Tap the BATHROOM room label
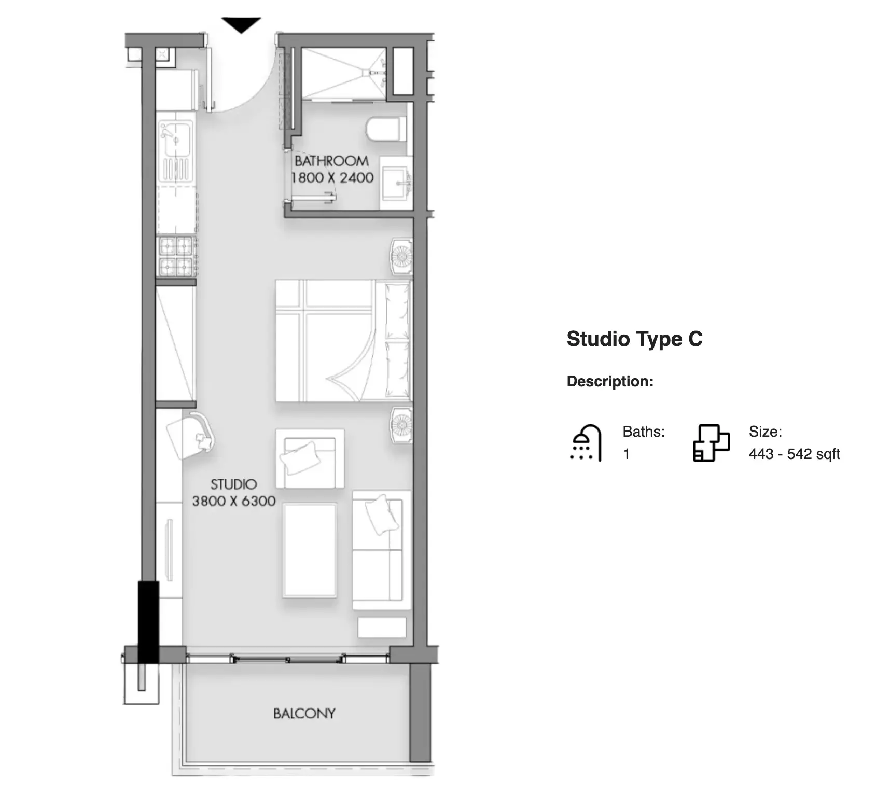click(331, 161)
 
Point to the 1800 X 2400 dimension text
click(332, 178)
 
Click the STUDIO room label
click(233, 484)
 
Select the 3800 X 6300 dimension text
click(234, 501)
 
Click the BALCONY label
click(304, 714)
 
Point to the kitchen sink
click(176, 151)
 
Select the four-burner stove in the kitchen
click(176, 256)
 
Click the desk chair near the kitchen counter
click(190, 435)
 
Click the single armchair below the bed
click(310, 458)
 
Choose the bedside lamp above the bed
click(401, 257)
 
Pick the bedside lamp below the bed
click(401, 426)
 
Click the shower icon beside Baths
click(586, 443)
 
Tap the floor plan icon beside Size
click(711, 442)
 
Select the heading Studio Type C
click(634, 339)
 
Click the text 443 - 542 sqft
click(794, 454)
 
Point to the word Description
click(610, 382)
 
